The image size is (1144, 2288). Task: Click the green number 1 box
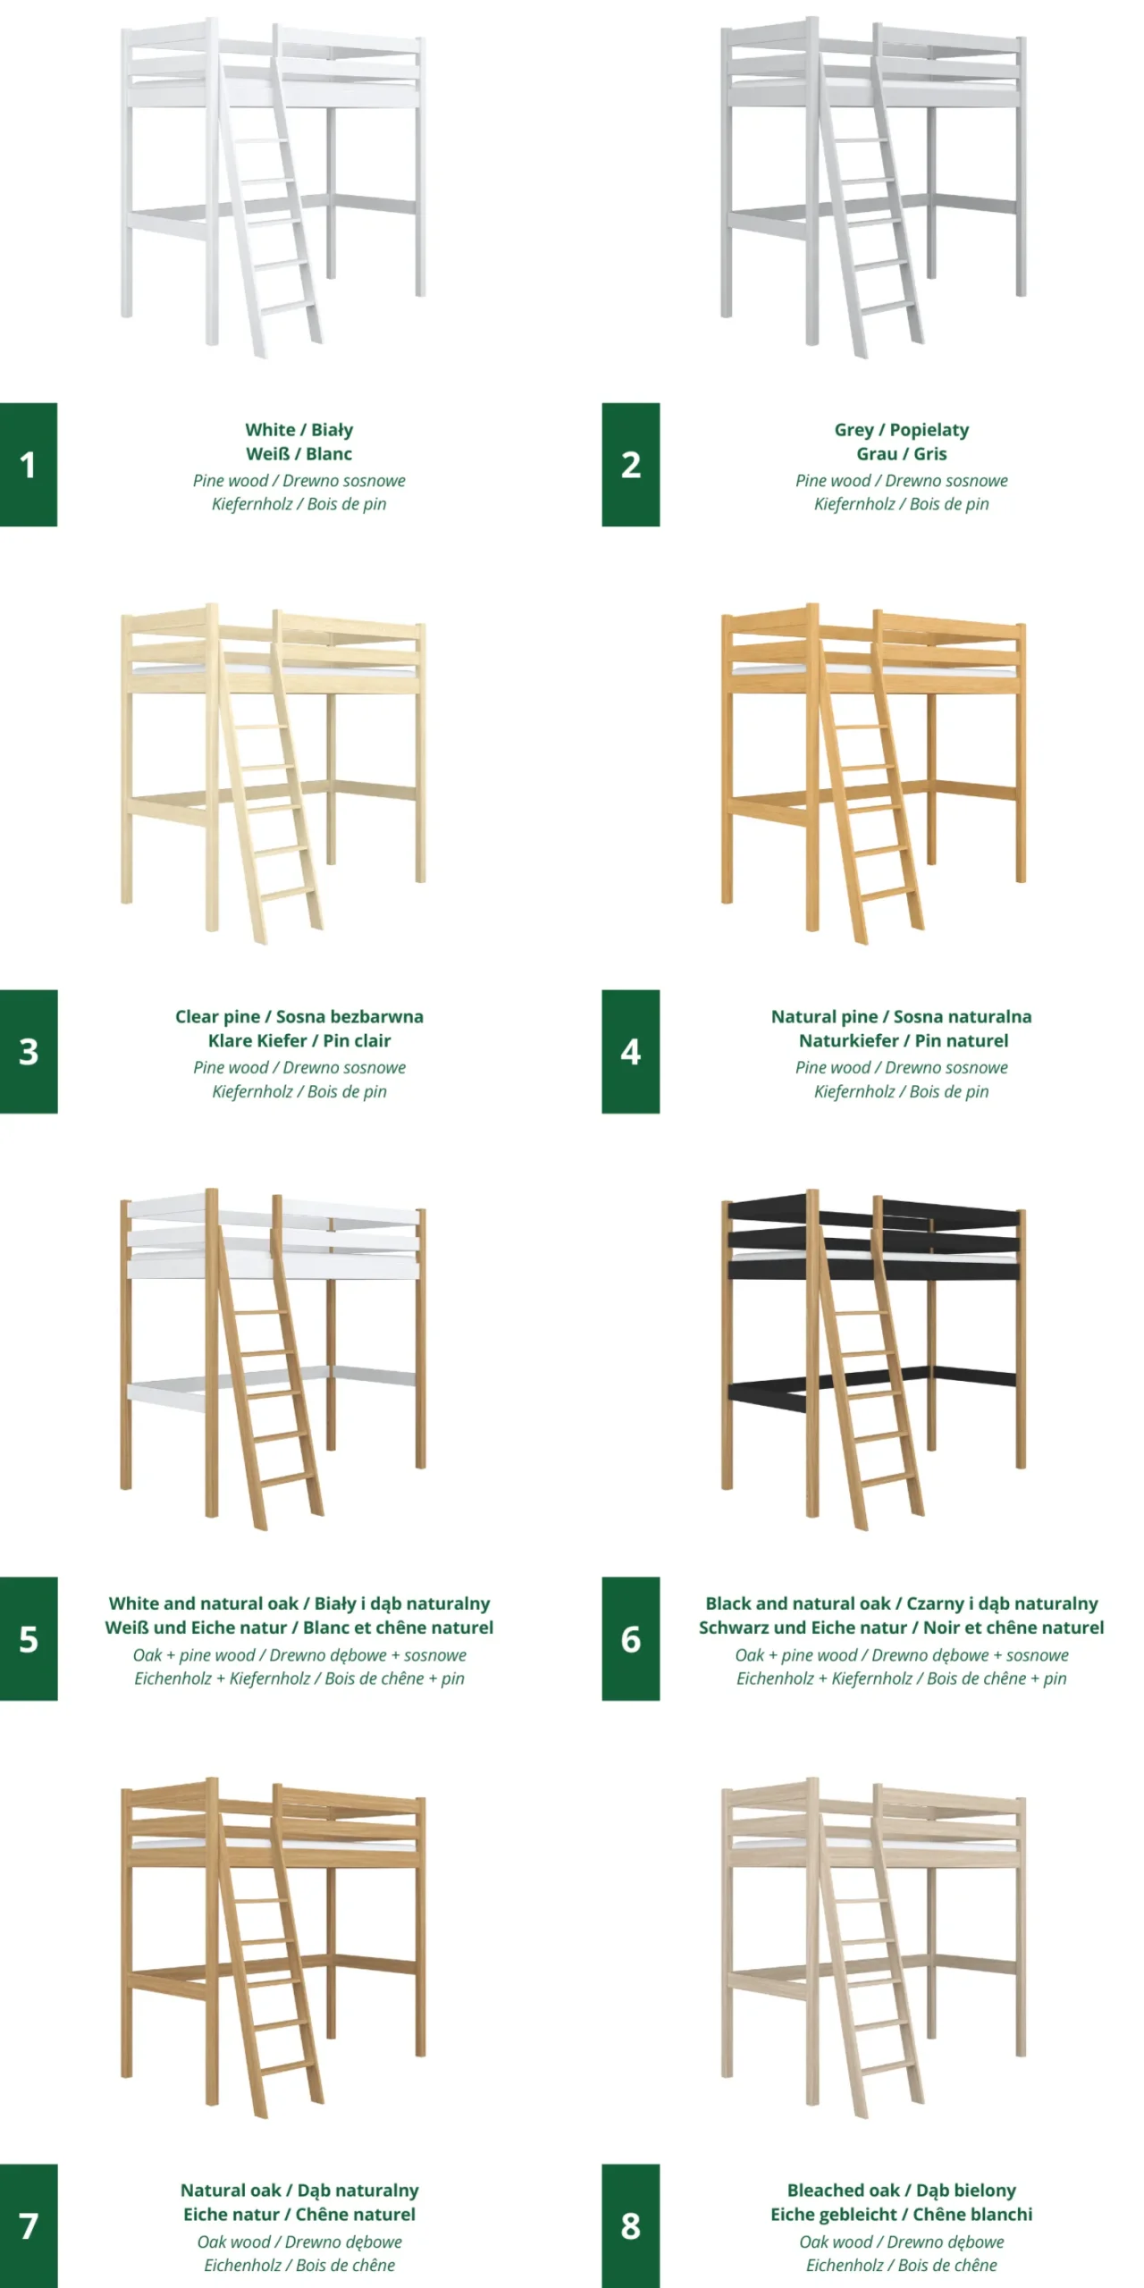(x=29, y=464)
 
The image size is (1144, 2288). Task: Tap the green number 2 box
(x=630, y=464)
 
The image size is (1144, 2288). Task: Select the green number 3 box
(x=29, y=1051)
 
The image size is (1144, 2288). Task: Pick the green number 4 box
(x=630, y=1051)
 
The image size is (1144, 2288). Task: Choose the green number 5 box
(x=29, y=1638)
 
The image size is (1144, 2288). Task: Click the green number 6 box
(x=630, y=1638)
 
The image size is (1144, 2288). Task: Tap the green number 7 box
(x=29, y=2225)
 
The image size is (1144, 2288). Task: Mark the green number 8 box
(x=630, y=2225)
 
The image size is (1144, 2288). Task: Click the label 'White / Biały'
(x=299, y=430)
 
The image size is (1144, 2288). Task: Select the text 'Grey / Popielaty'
(x=902, y=430)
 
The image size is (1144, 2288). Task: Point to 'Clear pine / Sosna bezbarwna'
(x=299, y=1017)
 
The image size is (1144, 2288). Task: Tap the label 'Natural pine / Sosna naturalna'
(x=902, y=1017)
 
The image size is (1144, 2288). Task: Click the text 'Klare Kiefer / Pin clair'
(x=299, y=1040)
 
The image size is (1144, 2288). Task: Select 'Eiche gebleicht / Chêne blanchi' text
(x=902, y=2215)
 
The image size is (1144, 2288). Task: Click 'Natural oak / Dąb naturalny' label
(x=299, y=2191)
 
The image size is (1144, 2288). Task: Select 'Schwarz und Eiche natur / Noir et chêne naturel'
(x=902, y=1628)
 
